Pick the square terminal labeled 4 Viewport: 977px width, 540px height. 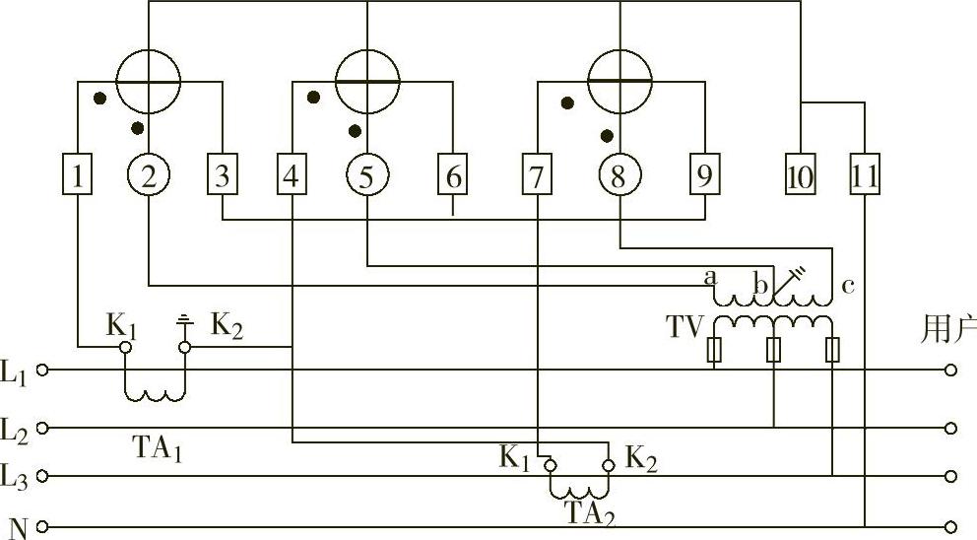coord(291,177)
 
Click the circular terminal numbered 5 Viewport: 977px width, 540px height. coord(366,177)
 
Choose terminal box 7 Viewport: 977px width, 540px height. coord(537,177)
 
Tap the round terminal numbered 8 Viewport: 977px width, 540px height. coord(619,177)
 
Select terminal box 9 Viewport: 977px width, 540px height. coord(703,177)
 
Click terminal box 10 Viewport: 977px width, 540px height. coord(801,177)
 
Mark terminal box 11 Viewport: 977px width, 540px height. coord(864,177)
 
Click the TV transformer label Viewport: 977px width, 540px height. coord(684,327)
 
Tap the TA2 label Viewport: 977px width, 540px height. coord(590,512)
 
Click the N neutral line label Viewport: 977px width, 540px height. coord(16,526)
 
